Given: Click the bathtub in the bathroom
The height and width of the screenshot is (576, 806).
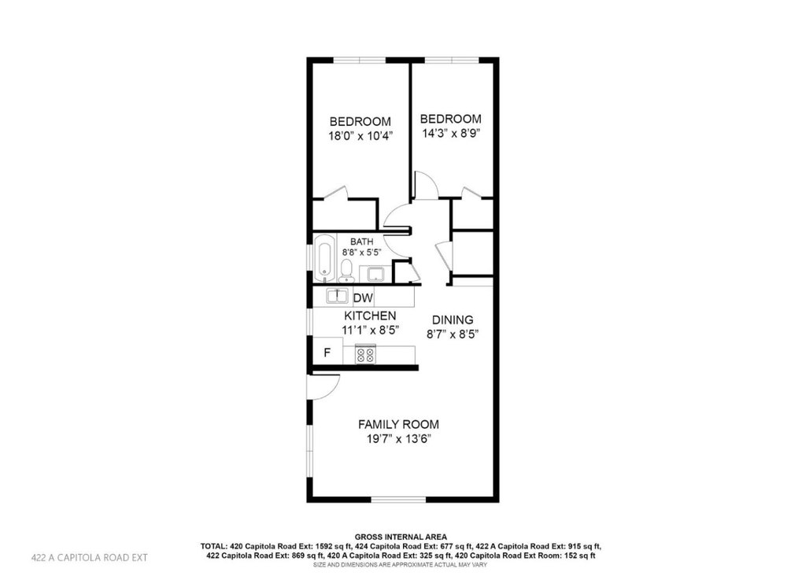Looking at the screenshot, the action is coord(324,258).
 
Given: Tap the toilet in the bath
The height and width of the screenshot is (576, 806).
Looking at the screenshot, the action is coord(346,271).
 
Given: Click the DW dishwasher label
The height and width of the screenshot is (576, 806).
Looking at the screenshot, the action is coord(363,298).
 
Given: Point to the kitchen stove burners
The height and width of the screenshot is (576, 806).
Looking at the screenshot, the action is coord(365,355).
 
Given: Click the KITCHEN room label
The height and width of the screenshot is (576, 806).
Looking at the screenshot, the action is coord(370,316).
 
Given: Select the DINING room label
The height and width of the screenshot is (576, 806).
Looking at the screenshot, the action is coord(453,319).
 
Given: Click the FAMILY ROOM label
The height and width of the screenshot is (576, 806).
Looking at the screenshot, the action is coord(398,424).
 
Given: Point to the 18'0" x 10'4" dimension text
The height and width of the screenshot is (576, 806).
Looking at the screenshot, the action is coord(360,136).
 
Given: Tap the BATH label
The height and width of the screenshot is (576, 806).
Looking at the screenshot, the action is coord(362,242).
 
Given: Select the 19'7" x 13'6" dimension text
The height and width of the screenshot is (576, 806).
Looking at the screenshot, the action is coord(398,439).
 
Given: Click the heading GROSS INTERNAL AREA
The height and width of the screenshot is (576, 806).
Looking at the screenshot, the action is coord(401,537).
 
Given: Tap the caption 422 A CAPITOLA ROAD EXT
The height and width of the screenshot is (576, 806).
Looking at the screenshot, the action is coord(90,557).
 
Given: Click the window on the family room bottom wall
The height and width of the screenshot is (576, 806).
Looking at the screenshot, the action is coord(398,499).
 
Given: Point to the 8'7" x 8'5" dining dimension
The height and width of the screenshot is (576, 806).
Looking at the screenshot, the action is coord(453,334).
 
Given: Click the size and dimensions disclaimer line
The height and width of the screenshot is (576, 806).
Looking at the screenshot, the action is coord(401,565).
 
